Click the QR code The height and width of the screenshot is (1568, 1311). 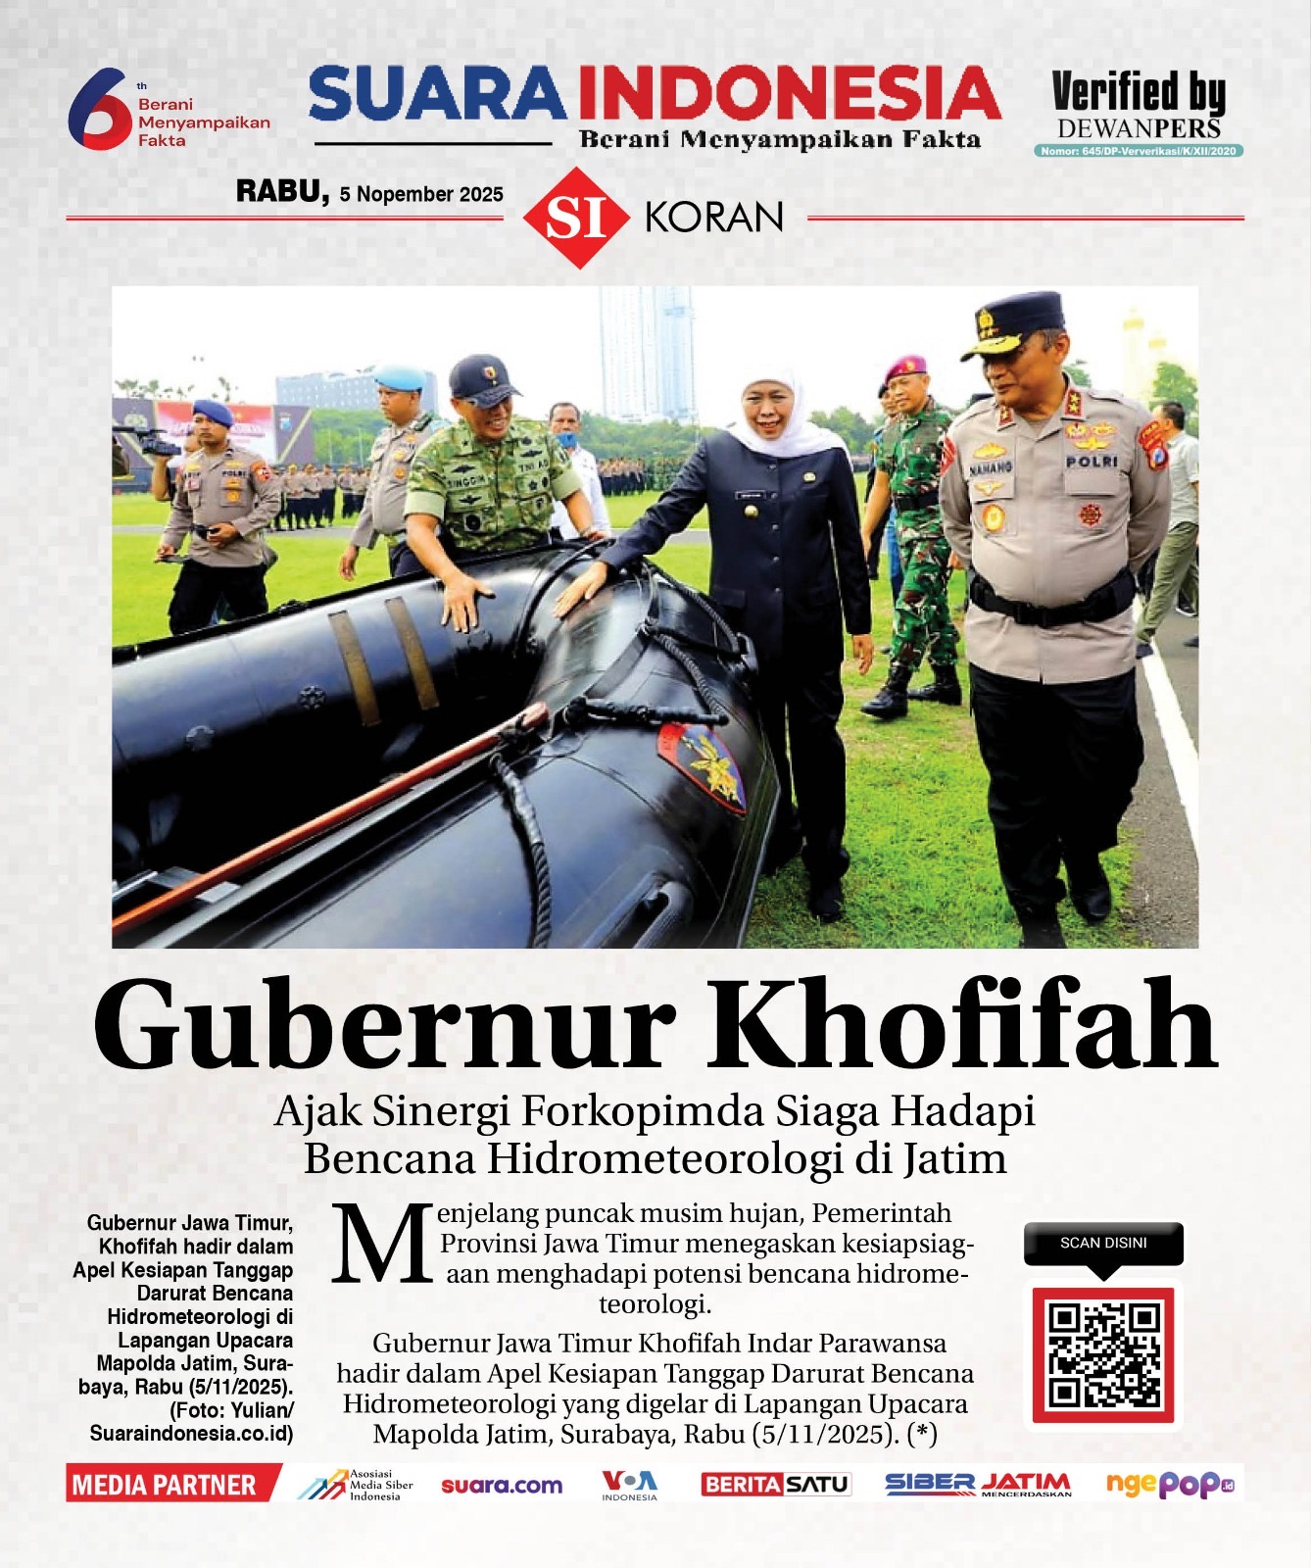click(x=1103, y=1355)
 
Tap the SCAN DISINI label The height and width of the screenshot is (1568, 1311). click(x=1103, y=1243)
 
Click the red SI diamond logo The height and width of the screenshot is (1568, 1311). click(x=575, y=218)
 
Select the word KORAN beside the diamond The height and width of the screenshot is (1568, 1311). click(x=714, y=218)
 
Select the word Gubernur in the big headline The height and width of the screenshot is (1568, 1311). click(x=384, y=1025)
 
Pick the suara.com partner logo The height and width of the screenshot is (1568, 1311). click(x=502, y=1486)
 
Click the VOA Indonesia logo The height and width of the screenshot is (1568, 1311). click(x=629, y=1485)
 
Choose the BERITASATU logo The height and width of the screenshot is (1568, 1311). click(x=775, y=1485)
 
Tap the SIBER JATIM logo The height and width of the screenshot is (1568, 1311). click(x=978, y=1485)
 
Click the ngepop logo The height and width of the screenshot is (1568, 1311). click(x=1170, y=1485)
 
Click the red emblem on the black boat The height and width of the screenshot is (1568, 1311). click(x=702, y=766)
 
